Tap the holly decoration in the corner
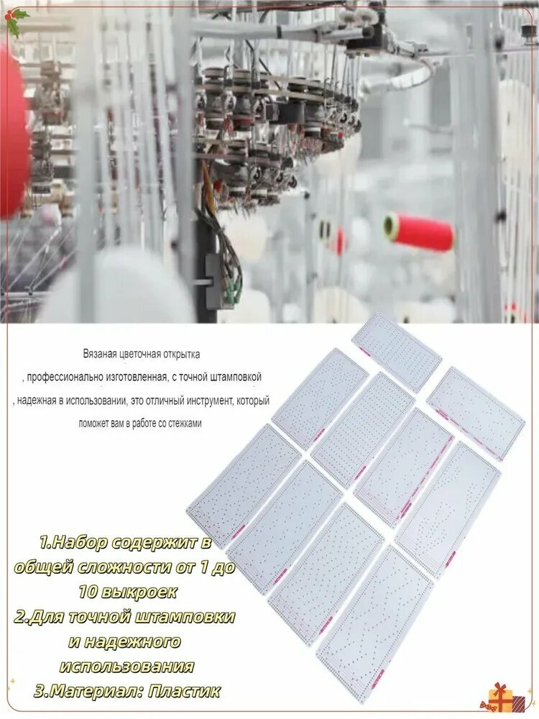pyautogui.click(x=14, y=22)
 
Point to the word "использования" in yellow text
pyautogui.click(x=126, y=666)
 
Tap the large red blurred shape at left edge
pyautogui.click(x=14, y=129)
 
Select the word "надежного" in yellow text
pyautogui.click(x=124, y=641)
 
